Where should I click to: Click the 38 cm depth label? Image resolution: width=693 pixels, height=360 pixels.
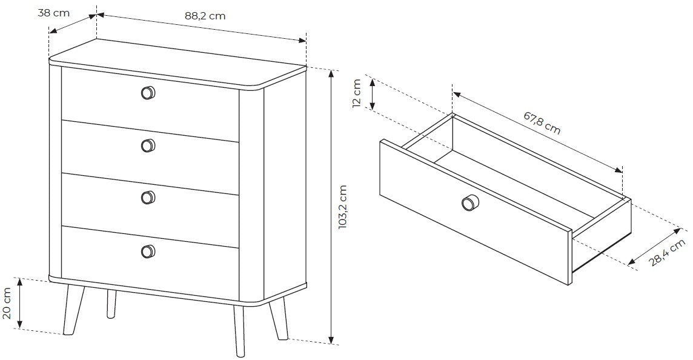point(53,13)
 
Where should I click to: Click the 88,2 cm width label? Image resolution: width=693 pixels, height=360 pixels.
point(205,16)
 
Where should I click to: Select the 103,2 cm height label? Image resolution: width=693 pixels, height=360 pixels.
point(343,207)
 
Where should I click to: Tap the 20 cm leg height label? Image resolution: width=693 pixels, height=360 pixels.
point(7,304)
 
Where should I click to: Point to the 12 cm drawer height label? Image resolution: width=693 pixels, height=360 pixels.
point(357,93)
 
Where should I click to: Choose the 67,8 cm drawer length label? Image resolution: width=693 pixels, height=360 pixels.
point(542,122)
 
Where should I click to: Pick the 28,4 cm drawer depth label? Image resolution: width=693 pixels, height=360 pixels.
point(668,252)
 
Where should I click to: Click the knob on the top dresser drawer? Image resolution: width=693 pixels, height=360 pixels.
point(148,93)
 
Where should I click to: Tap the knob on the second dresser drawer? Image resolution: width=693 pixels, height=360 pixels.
point(148,145)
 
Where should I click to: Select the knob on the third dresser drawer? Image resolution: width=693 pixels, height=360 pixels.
point(148,198)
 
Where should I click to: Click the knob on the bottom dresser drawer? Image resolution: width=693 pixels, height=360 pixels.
point(148,251)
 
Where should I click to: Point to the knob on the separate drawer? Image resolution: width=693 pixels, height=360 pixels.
point(469,203)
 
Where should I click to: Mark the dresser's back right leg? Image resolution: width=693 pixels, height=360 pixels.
point(279,318)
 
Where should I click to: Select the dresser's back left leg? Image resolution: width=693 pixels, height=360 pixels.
point(111,304)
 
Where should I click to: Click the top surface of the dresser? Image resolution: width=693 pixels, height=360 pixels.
point(177,62)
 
